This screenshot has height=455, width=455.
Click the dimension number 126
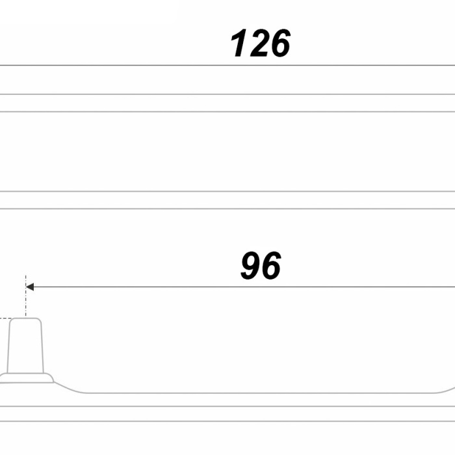[x=260, y=43]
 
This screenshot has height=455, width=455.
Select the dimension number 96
[x=261, y=265]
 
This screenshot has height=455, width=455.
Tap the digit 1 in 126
[x=239, y=43]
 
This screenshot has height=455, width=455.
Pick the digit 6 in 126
[x=279, y=43]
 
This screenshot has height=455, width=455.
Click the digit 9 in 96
[x=250, y=265]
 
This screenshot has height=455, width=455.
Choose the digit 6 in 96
[x=271, y=265]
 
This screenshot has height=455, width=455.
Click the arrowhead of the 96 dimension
[x=30, y=287]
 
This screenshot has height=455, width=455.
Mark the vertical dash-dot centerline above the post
[x=25, y=295]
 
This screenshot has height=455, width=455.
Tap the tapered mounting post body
[x=25, y=345]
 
